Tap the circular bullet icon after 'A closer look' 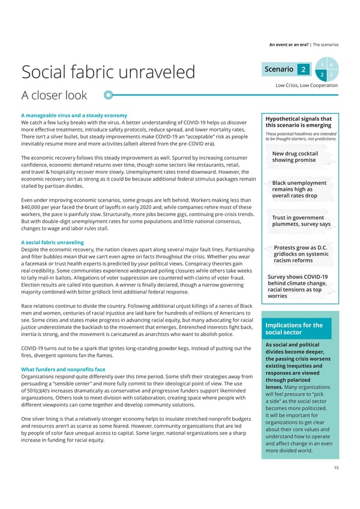(109, 95)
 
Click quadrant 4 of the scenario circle (330, 65)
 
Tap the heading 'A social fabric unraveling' (52, 242)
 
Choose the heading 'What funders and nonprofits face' (63, 369)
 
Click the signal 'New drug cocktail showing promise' (295, 157)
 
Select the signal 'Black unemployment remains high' (299, 189)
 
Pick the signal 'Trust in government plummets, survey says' (301, 221)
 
